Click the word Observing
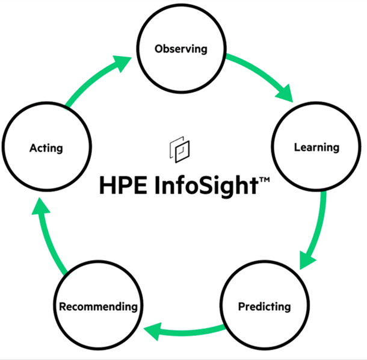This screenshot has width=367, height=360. click(x=181, y=49)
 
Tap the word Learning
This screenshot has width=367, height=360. click(x=316, y=147)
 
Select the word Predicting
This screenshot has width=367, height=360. click(x=265, y=306)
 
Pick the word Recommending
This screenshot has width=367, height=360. click(x=98, y=306)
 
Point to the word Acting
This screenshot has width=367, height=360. click(x=46, y=148)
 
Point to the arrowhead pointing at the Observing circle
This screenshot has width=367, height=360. click(x=122, y=63)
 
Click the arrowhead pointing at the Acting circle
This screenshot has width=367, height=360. click(x=40, y=206)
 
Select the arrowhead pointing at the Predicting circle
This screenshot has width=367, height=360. click(x=306, y=261)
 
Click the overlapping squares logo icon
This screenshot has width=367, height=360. click(x=179, y=150)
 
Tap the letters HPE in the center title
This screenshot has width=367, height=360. click(x=123, y=185)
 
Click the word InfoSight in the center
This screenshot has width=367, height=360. click(x=206, y=186)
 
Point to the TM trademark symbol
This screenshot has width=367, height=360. click(x=265, y=179)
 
